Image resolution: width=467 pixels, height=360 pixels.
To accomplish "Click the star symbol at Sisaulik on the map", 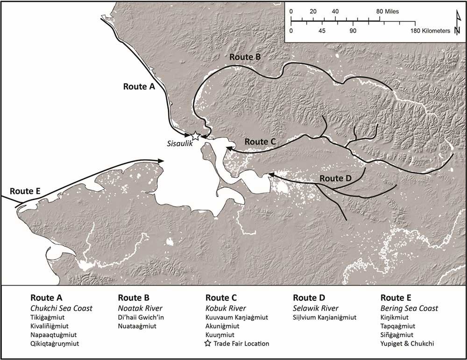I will (196, 136).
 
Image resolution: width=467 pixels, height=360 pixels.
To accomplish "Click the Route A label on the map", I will (139, 86).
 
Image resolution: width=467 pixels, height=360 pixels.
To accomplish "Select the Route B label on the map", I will (244, 56).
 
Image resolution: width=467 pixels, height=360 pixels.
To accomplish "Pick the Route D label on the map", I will (335, 179).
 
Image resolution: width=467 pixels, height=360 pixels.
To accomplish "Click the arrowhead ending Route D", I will (270, 175).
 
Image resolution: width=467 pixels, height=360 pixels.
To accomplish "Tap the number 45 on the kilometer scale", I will (322, 30).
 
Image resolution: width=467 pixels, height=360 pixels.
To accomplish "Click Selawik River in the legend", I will (315, 308).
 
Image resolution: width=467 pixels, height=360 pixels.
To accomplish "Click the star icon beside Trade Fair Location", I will (209, 344).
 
